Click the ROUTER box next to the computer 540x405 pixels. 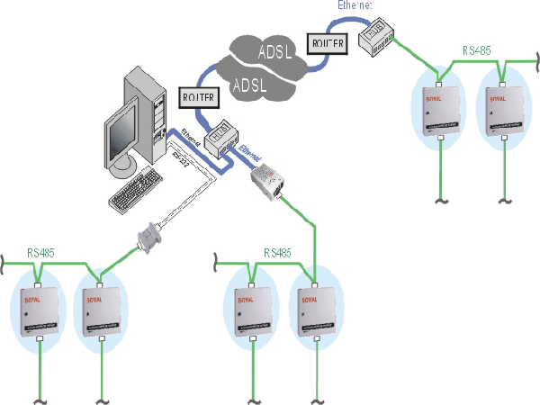(x=196, y=95)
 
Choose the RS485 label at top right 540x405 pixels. (x=477, y=51)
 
